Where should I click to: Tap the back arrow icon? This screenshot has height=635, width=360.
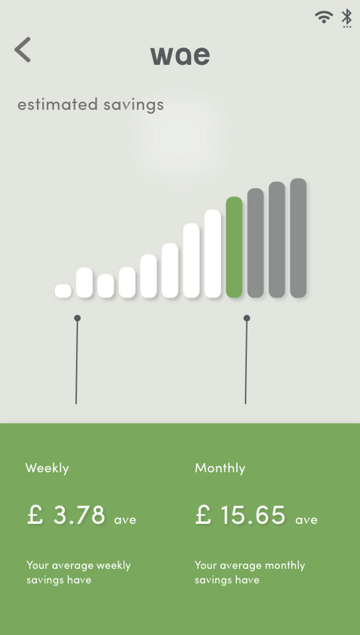click(22, 50)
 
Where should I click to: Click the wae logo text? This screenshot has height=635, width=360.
click(180, 56)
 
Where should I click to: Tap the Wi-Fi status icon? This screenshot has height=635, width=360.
click(324, 17)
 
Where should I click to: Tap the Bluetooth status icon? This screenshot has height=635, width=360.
click(347, 19)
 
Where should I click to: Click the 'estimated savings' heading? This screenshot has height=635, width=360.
click(91, 105)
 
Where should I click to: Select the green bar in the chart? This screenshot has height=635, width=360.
click(234, 247)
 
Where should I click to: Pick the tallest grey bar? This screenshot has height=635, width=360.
click(298, 238)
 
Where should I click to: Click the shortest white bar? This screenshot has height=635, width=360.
click(63, 291)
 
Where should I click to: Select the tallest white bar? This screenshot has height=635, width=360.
click(212, 254)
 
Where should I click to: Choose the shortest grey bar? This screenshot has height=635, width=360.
click(255, 243)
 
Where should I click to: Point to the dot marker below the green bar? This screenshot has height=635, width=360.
click(247, 318)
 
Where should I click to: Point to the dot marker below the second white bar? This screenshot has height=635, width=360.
click(77, 318)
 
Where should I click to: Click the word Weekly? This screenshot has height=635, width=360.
click(47, 468)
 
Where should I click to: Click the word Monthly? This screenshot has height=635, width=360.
click(220, 468)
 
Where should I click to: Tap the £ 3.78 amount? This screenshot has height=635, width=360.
click(66, 515)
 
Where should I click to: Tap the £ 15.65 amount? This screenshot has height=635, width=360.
click(240, 515)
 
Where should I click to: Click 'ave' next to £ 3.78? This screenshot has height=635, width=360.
click(125, 520)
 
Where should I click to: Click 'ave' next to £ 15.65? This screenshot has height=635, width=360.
click(306, 520)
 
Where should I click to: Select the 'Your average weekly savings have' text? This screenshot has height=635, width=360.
click(79, 572)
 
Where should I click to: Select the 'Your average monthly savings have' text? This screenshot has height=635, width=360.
click(250, 572)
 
